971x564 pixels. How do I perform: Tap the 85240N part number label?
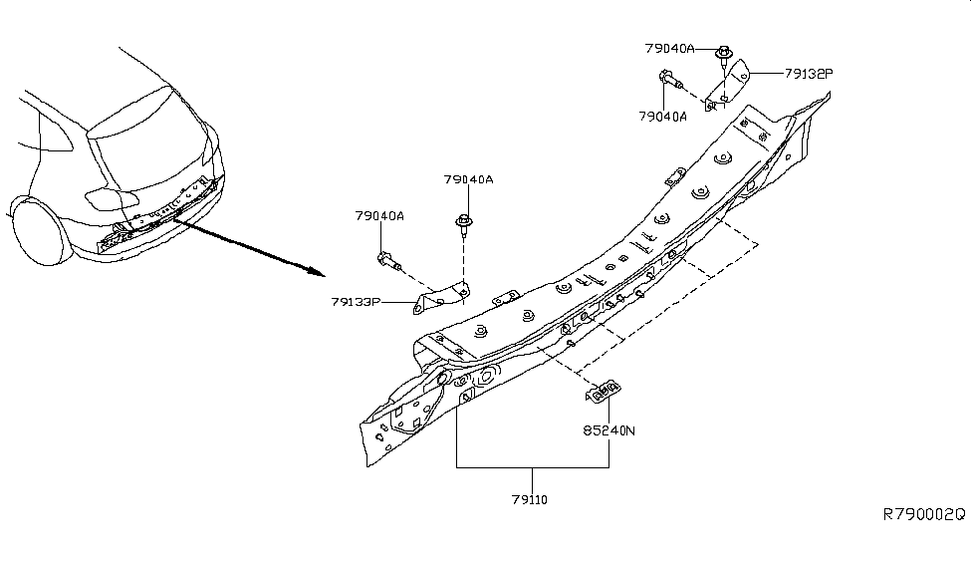[x=608, y=432]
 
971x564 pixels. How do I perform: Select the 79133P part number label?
[x=357, y=300]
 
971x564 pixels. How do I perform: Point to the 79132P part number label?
[x=808, y=72]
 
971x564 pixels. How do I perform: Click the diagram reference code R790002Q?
[x=924, y=514]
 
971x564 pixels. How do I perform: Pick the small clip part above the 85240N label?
[x=604, y=393]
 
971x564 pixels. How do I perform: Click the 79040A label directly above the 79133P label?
[x=379, y=215]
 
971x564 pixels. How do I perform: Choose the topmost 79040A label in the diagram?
[x=668, y=47]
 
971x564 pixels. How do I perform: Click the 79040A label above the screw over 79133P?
[x=469, y=179]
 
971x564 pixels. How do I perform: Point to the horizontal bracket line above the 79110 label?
[x=533, y=467]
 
